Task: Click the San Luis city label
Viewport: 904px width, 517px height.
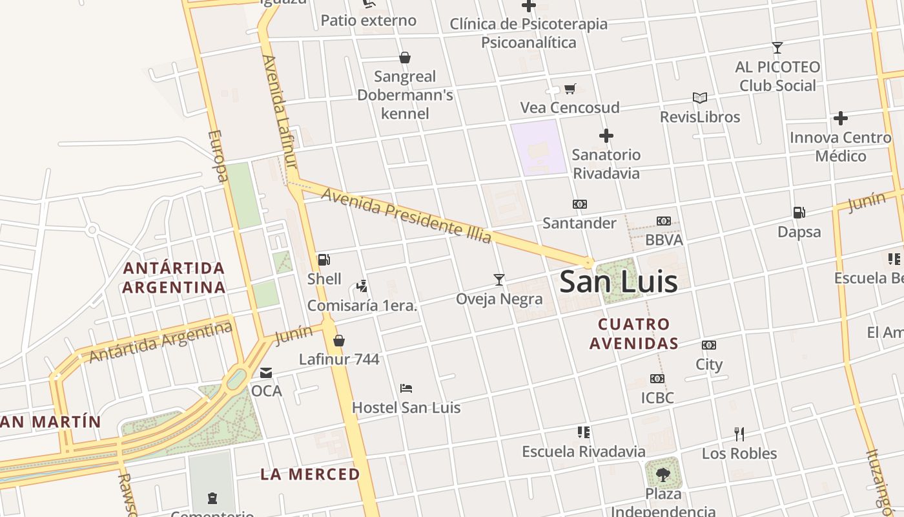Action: coord(618,282)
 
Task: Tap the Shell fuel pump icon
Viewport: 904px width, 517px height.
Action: coord(324,260)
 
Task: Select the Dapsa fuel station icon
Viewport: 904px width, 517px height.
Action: coord(799,213)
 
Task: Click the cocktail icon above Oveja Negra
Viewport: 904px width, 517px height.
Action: coord(498,280)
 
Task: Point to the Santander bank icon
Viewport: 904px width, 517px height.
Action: coord(579,204)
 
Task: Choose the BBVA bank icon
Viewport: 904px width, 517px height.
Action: coord(663,221)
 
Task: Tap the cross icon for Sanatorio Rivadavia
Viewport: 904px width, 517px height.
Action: coord(606,136)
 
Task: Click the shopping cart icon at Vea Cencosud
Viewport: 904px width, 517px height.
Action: coord(570,89)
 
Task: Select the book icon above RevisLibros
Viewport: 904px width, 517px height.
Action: coord(699,98)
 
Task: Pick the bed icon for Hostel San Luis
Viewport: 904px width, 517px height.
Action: coord(406,388)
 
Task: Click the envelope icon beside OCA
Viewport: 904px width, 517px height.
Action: coord(266,373)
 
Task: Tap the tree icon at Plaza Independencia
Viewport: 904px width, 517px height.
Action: coord(663,475)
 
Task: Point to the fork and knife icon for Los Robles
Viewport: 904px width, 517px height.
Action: coord(739,434)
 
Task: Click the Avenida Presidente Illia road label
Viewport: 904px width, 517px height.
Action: coord(406,215)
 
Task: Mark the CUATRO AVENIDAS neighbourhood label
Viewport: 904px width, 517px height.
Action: coord(633,333)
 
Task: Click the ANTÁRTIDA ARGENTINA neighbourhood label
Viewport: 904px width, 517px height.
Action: coord(174,277)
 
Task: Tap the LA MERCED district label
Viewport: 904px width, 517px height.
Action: coord(310,474)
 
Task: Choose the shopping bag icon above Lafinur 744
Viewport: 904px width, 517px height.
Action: coord(338,341)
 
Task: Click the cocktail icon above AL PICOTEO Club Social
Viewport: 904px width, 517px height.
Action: coord(777,48)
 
